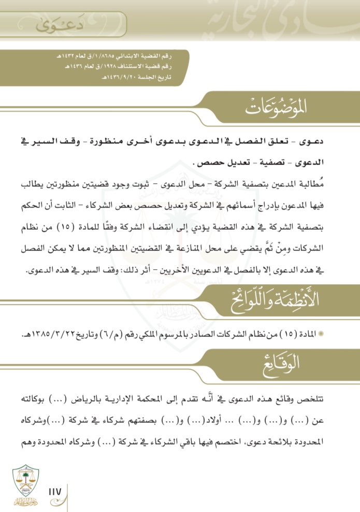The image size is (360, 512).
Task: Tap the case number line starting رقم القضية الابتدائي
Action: (125, 55)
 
